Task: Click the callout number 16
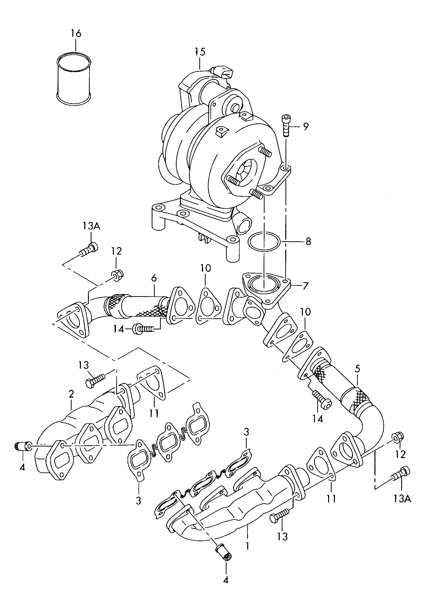pos(76,33)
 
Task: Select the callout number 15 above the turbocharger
pos(200,52)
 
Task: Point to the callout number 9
pos(305,126)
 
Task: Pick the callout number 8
pos(308,242)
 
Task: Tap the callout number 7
pos(305,286)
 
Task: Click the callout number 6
pos(154,278)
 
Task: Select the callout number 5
pos(358,369)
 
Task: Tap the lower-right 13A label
pos(402,499)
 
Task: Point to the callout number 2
pos(71,394)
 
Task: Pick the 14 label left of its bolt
pos(118,329)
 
